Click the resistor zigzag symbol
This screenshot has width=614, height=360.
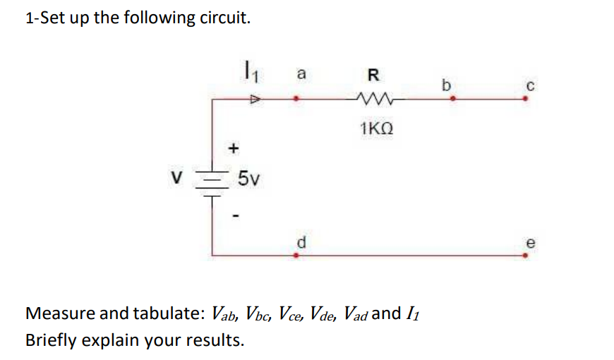click(x=373, y=99)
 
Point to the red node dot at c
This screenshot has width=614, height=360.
click(x=524, y=99)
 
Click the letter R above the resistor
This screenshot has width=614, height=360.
click(x=373, y=74)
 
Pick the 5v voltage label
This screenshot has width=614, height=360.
click(x=248, y=179)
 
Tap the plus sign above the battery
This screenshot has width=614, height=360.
click(x=234, y=148)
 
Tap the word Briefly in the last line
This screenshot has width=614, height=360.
click(x=52, y=340)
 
